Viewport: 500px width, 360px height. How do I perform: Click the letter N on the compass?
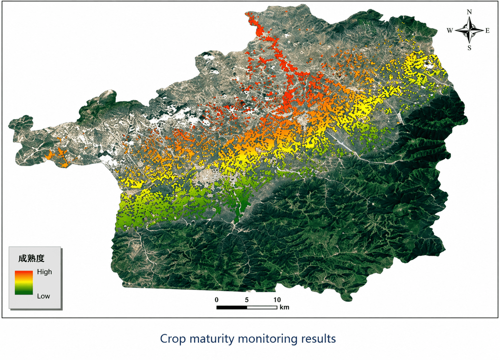(469, 12)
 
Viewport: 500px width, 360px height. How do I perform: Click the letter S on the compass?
(469, 48)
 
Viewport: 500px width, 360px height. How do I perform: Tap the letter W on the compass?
(449, 31)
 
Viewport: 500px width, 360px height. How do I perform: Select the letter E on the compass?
(487, 31)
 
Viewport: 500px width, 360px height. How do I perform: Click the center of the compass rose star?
(469, 30)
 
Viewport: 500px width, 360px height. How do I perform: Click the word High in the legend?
(44, 272)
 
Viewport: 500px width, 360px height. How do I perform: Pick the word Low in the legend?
(44, 296)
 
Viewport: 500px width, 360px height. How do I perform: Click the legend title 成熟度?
(31, 258)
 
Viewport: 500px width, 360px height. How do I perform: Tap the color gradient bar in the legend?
(24, 282)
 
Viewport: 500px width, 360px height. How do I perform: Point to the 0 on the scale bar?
(217, 300)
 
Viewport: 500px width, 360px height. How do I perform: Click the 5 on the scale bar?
(247, 300)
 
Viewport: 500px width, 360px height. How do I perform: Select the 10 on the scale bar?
(277, 300)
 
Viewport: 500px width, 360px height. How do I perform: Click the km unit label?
(284, 307)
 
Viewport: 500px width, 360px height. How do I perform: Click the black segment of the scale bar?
(232, 307)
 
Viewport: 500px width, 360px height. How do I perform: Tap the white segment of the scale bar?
(262, 307)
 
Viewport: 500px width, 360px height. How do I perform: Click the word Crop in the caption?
(173, 339)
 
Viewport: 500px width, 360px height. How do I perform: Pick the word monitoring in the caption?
(268, 339)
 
